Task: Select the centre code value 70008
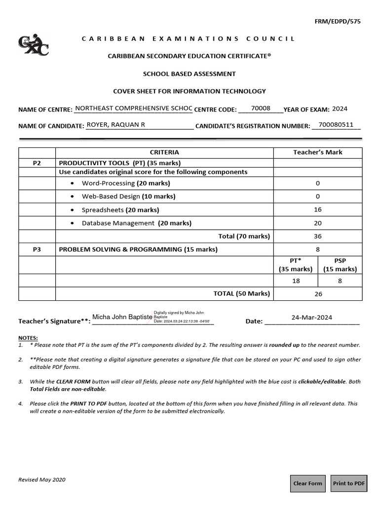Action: click(261, 108)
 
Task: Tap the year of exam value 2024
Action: click(340, 109)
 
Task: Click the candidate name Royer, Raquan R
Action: click(115, 125)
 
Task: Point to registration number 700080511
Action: click(336, 125)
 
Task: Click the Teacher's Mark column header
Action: click(317, 152)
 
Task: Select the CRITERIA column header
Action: click(164, 152)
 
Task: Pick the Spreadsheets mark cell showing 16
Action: click(317, 210)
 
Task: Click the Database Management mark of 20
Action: click(317, 223)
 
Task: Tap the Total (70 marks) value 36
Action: click(317, 236)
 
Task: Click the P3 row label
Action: click(37, 250)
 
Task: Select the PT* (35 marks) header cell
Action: click(296, 265)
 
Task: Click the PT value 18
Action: click(296, 280)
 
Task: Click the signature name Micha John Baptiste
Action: click(122, 317)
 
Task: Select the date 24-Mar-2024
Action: click(311, 318)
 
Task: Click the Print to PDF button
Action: click(349, 483)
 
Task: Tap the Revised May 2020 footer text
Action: click(42, 479)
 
